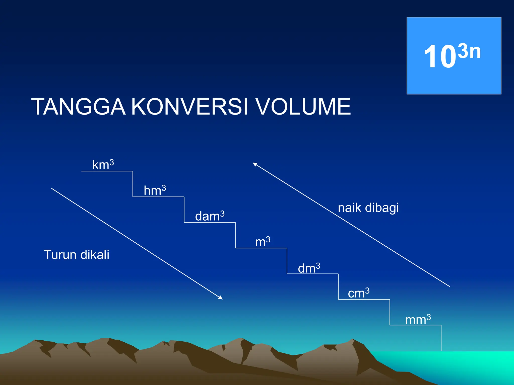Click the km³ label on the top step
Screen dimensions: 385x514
[x=103, y=165]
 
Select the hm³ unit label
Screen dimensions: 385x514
[x=155, y=190]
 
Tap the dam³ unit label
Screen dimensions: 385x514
[x=210, y=216]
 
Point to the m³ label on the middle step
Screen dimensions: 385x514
[x=263, y=242]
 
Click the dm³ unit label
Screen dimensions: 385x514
[x=309, y=268]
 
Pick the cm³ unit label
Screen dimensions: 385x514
[x=358, y=293]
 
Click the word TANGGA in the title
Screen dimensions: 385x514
[x=78, y=107]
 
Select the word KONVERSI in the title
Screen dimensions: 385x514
[x=190, y=107]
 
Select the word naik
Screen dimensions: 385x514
[x=349, y=208]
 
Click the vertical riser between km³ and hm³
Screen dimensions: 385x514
[x=133, y=184]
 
